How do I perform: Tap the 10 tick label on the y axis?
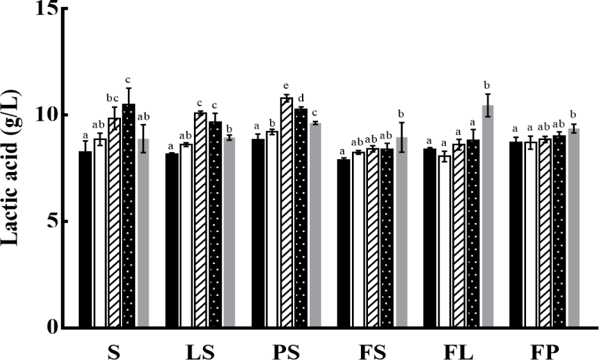[x=45, y=116]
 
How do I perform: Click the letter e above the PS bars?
[x=287, y=87]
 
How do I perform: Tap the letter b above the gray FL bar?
[x=488, y=84]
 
